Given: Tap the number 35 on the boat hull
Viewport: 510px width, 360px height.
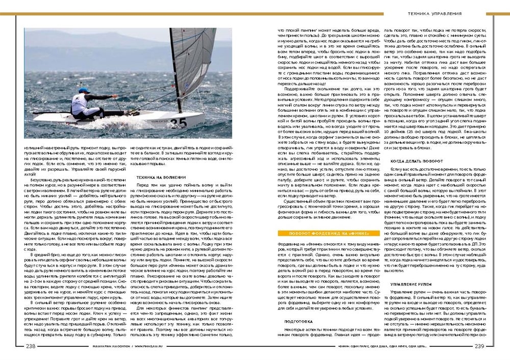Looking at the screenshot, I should click(178, 123).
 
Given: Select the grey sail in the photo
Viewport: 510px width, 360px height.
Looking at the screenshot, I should click(196, 61).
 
